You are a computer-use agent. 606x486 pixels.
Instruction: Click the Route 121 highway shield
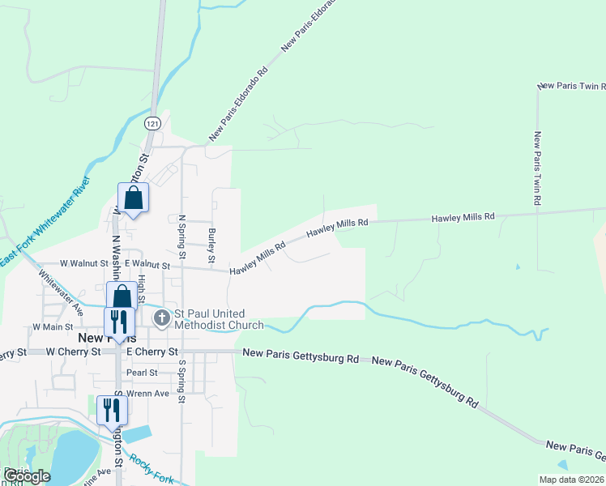click(152, 122)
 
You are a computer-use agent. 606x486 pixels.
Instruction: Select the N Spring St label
click(181, 237)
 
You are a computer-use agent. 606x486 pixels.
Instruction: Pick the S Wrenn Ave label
click(148, 393)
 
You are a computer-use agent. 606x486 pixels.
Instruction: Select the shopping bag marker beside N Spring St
click(133, 198)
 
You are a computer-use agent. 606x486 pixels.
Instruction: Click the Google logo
click(26, 476)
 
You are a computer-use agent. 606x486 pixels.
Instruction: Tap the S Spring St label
click(182, 382)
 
